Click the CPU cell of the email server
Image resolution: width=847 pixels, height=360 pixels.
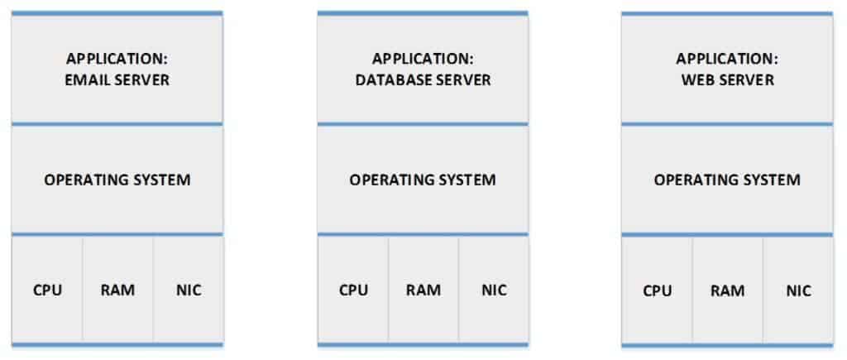pos(47,290)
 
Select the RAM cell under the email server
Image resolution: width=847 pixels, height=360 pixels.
pos(117,290)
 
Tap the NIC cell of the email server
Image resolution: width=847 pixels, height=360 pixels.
pos(189,290)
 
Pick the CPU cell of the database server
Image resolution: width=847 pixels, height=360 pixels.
pos(353,290)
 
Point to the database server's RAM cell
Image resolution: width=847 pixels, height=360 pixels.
pos(423,290)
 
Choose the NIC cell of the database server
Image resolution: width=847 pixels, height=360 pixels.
pos(494,290)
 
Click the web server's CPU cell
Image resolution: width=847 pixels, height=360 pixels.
pos(658,290)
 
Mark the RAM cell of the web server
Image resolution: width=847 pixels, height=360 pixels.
pos(727,290)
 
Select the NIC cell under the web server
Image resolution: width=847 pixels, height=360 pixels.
pos(798,290)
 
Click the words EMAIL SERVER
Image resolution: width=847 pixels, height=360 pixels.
pos(117,80)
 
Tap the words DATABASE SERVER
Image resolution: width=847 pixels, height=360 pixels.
pos(423,80)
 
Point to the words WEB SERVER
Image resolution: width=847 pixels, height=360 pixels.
pos(727,80)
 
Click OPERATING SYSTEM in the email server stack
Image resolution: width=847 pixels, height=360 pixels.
pos(117,180)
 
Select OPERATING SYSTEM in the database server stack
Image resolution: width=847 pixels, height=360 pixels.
pos(423,180)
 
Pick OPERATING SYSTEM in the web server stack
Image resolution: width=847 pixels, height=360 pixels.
pos(727,180)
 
